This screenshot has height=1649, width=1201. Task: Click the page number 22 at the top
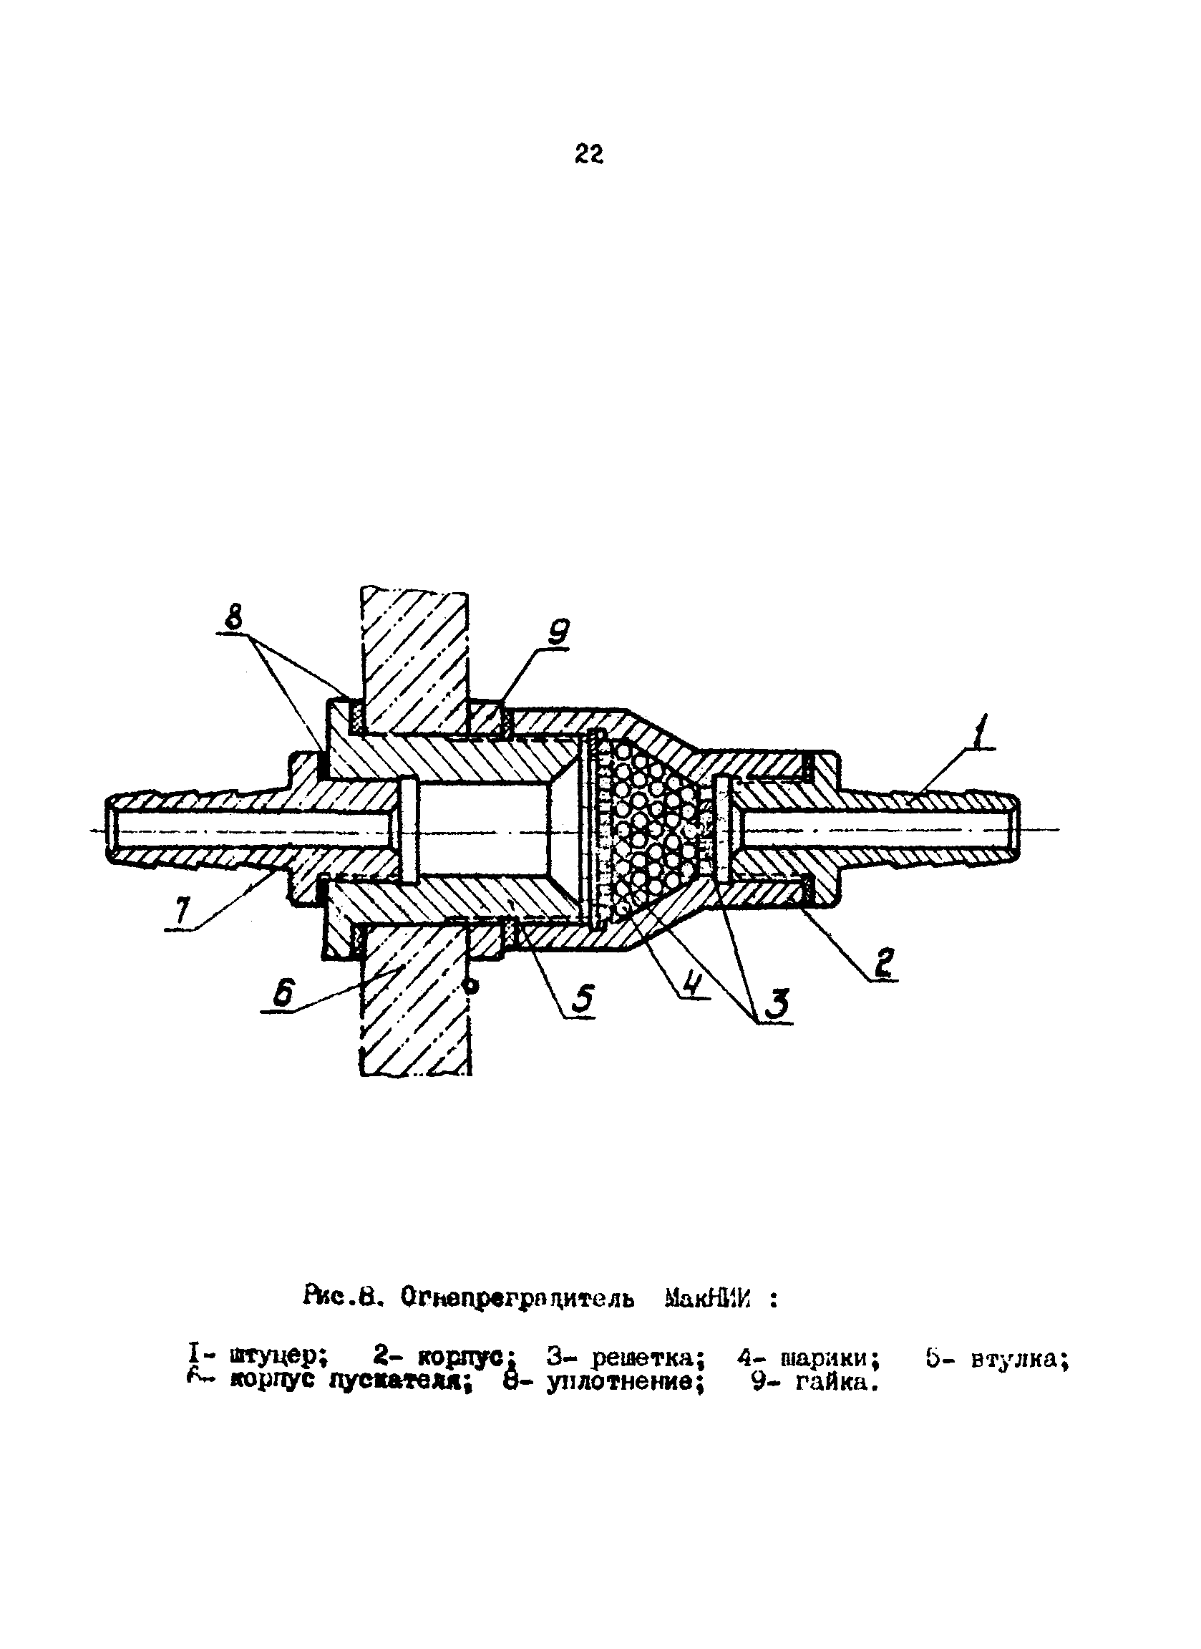588,154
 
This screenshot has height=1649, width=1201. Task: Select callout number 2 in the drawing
883,964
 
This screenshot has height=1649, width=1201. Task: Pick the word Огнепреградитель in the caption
517,1299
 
